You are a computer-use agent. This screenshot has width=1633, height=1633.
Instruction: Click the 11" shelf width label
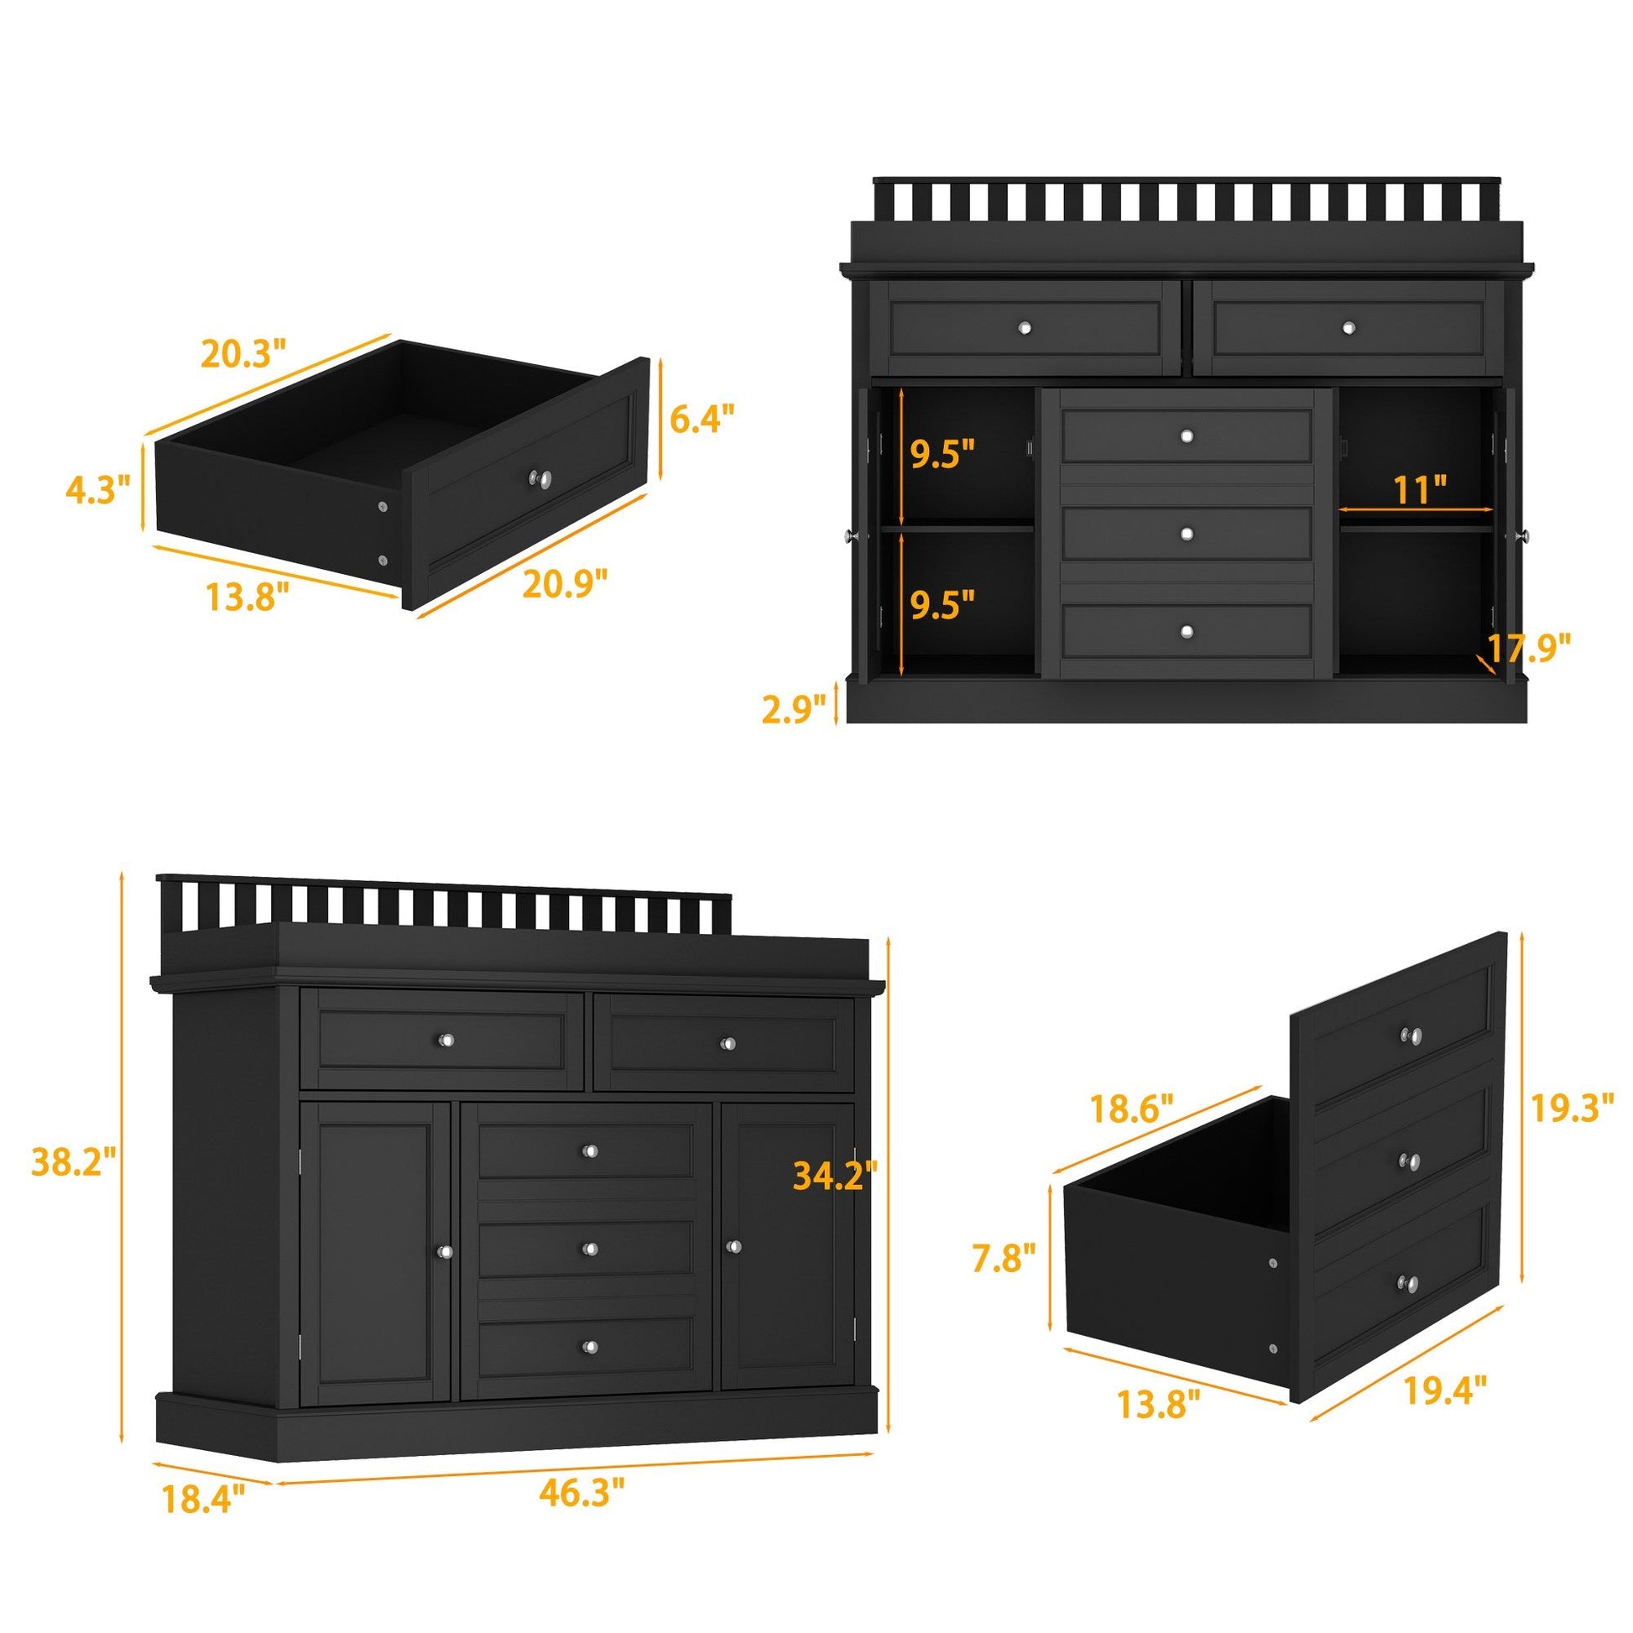click(1415, 489)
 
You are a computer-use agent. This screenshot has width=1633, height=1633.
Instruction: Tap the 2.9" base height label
click(794, 709)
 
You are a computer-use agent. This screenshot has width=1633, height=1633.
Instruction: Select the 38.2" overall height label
click(73, 1163)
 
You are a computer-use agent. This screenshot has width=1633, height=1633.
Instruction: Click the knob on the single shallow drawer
click(540, 479)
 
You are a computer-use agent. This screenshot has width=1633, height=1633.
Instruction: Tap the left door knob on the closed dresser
click(445, 1250)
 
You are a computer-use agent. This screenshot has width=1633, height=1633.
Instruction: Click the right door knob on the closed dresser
click(732, 1246)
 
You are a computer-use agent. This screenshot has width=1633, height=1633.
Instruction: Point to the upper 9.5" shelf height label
click(942, 455)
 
